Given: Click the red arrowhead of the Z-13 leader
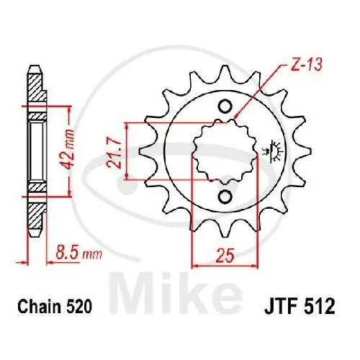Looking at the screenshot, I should pyautogui.click(x=233, y=117).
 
